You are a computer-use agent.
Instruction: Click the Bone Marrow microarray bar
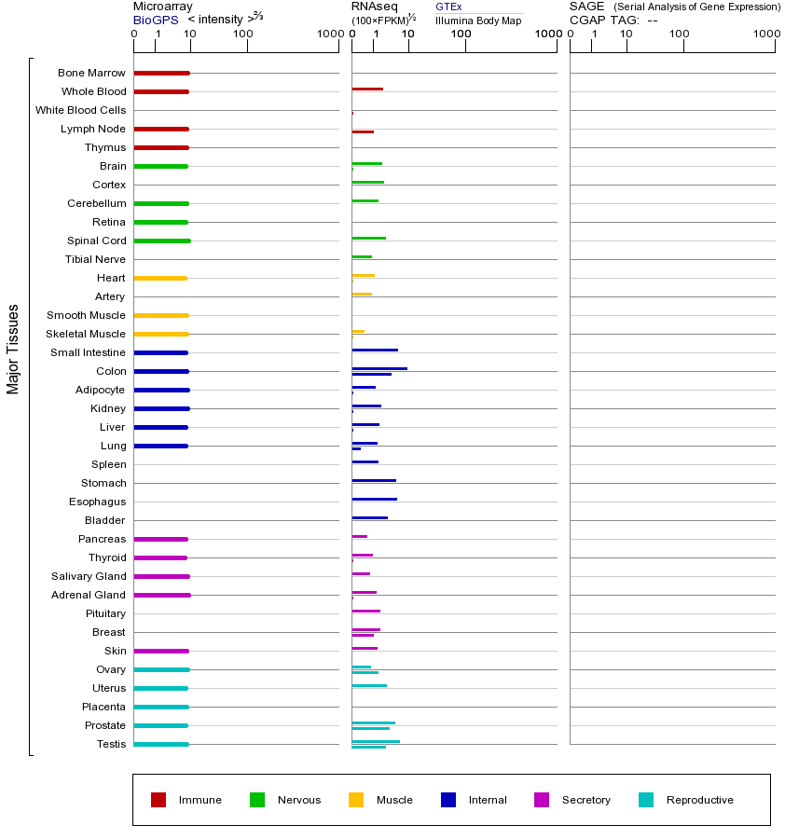click(x=161, y=73)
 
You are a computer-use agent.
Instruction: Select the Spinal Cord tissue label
click(x=96, y=241)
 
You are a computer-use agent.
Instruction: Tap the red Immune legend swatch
click(x=158, y=800)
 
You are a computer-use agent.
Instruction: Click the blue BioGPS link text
click(x=156, y=20)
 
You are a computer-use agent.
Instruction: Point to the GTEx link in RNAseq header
click(x=448, y=7)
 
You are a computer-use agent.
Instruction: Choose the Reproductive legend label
click(x=699, y=800)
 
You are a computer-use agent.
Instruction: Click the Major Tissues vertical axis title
click(x=13, y=349)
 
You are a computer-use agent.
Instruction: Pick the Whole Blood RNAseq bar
click(x=367, y=89)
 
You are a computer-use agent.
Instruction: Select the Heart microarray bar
click(x=160, y=278)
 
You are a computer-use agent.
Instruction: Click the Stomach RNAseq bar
click(x=374, y=481)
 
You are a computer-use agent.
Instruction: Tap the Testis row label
click(x=111, y=744)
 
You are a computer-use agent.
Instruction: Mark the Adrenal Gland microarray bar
click(x=162, y=595)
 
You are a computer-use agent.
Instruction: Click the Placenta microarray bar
click(x=161, y=707)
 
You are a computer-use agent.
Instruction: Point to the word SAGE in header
click(x=586, y=7)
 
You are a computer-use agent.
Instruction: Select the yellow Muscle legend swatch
click(x=356, y=800)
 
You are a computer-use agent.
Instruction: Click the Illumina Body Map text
click(x=478, y=20)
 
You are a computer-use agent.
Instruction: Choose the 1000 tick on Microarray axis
click(x=328, y=34)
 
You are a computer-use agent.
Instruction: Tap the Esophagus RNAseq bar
click(x=374, y=500)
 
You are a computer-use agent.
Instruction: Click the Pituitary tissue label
click(x=105, y=613)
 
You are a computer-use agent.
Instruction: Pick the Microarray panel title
click(x=162, y=7)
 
